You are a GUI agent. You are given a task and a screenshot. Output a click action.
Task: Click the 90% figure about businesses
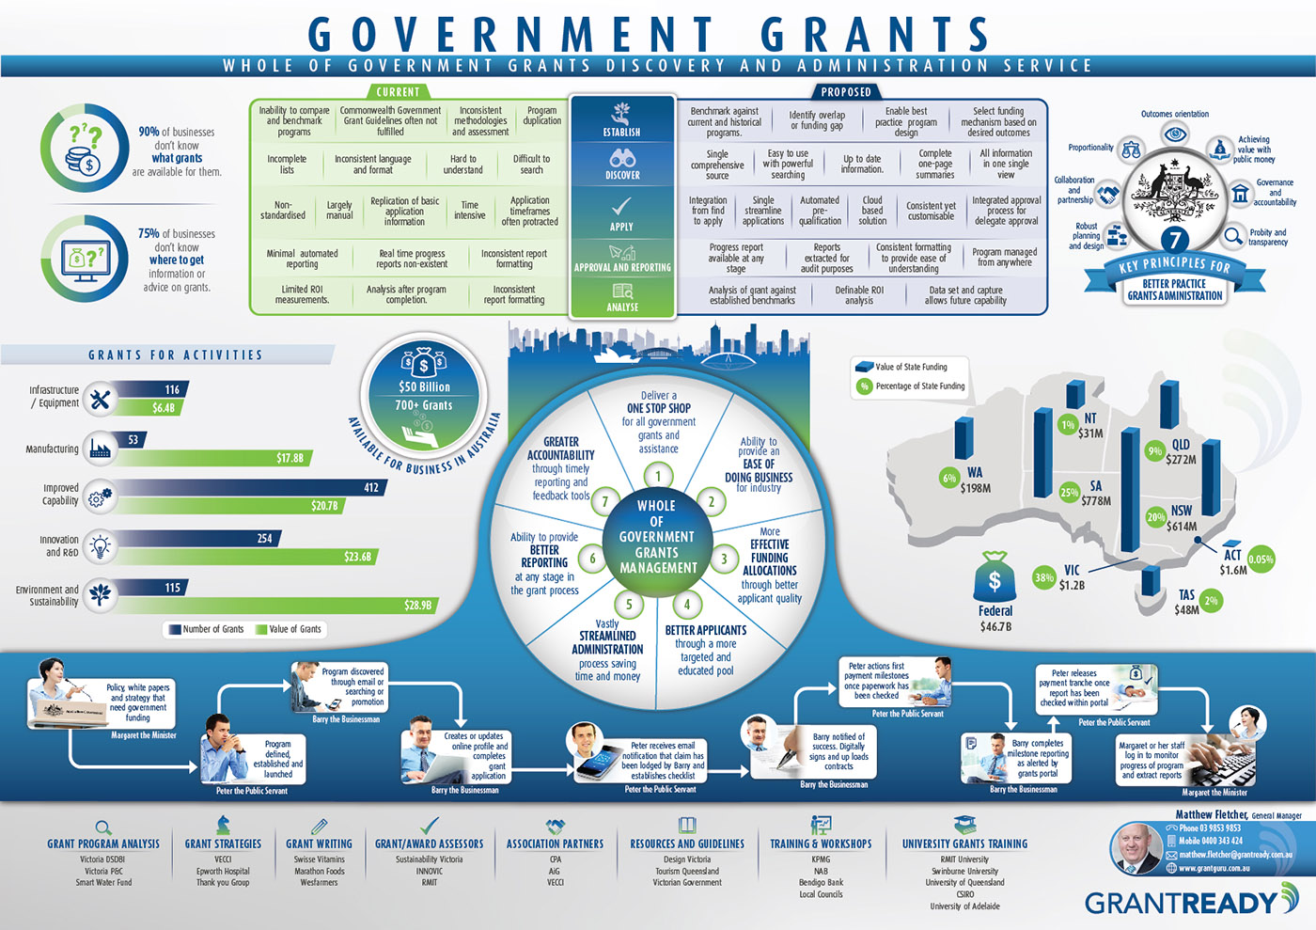pyautogui.click(x=149, y=132)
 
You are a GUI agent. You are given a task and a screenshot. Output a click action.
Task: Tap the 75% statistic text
pyautogui.click(x=149, y=233)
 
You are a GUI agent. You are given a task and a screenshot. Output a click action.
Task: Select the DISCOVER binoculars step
pyautogui.click(x=622, y=165)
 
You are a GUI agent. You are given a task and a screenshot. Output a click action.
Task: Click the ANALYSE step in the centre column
pyautogui.click(x=622, y=298)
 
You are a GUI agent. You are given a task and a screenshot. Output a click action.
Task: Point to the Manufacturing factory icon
pyautogui.click(x=100, y=449)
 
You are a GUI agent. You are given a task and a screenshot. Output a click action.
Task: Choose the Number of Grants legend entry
pyautogui.click(x=206, y=629)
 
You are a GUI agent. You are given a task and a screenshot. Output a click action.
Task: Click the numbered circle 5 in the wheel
pyautogui.click(x=629, y=605)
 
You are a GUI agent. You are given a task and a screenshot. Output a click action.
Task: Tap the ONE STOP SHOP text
pyautogui.click(x=659, y=408)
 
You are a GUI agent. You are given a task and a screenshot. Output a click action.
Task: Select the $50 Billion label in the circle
pyautogui.click(x=424, y=386)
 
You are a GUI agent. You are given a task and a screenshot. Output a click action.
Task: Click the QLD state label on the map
pyautogui.click(x=1181, y=445)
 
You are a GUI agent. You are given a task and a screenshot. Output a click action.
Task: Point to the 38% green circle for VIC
pyautogui.click(x=1043, y=577)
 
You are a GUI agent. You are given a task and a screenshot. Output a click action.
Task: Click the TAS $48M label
pyautogui.click(x=1186, y=602)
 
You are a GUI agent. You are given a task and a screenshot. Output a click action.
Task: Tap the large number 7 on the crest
pyautogui.click(x=1175, y=240)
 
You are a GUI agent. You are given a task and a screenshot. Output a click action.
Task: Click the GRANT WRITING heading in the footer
pyautogui.click(x=319, y=843)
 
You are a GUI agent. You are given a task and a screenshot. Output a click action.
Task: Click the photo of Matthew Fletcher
pyautogui.click(x=1136, y=848)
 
